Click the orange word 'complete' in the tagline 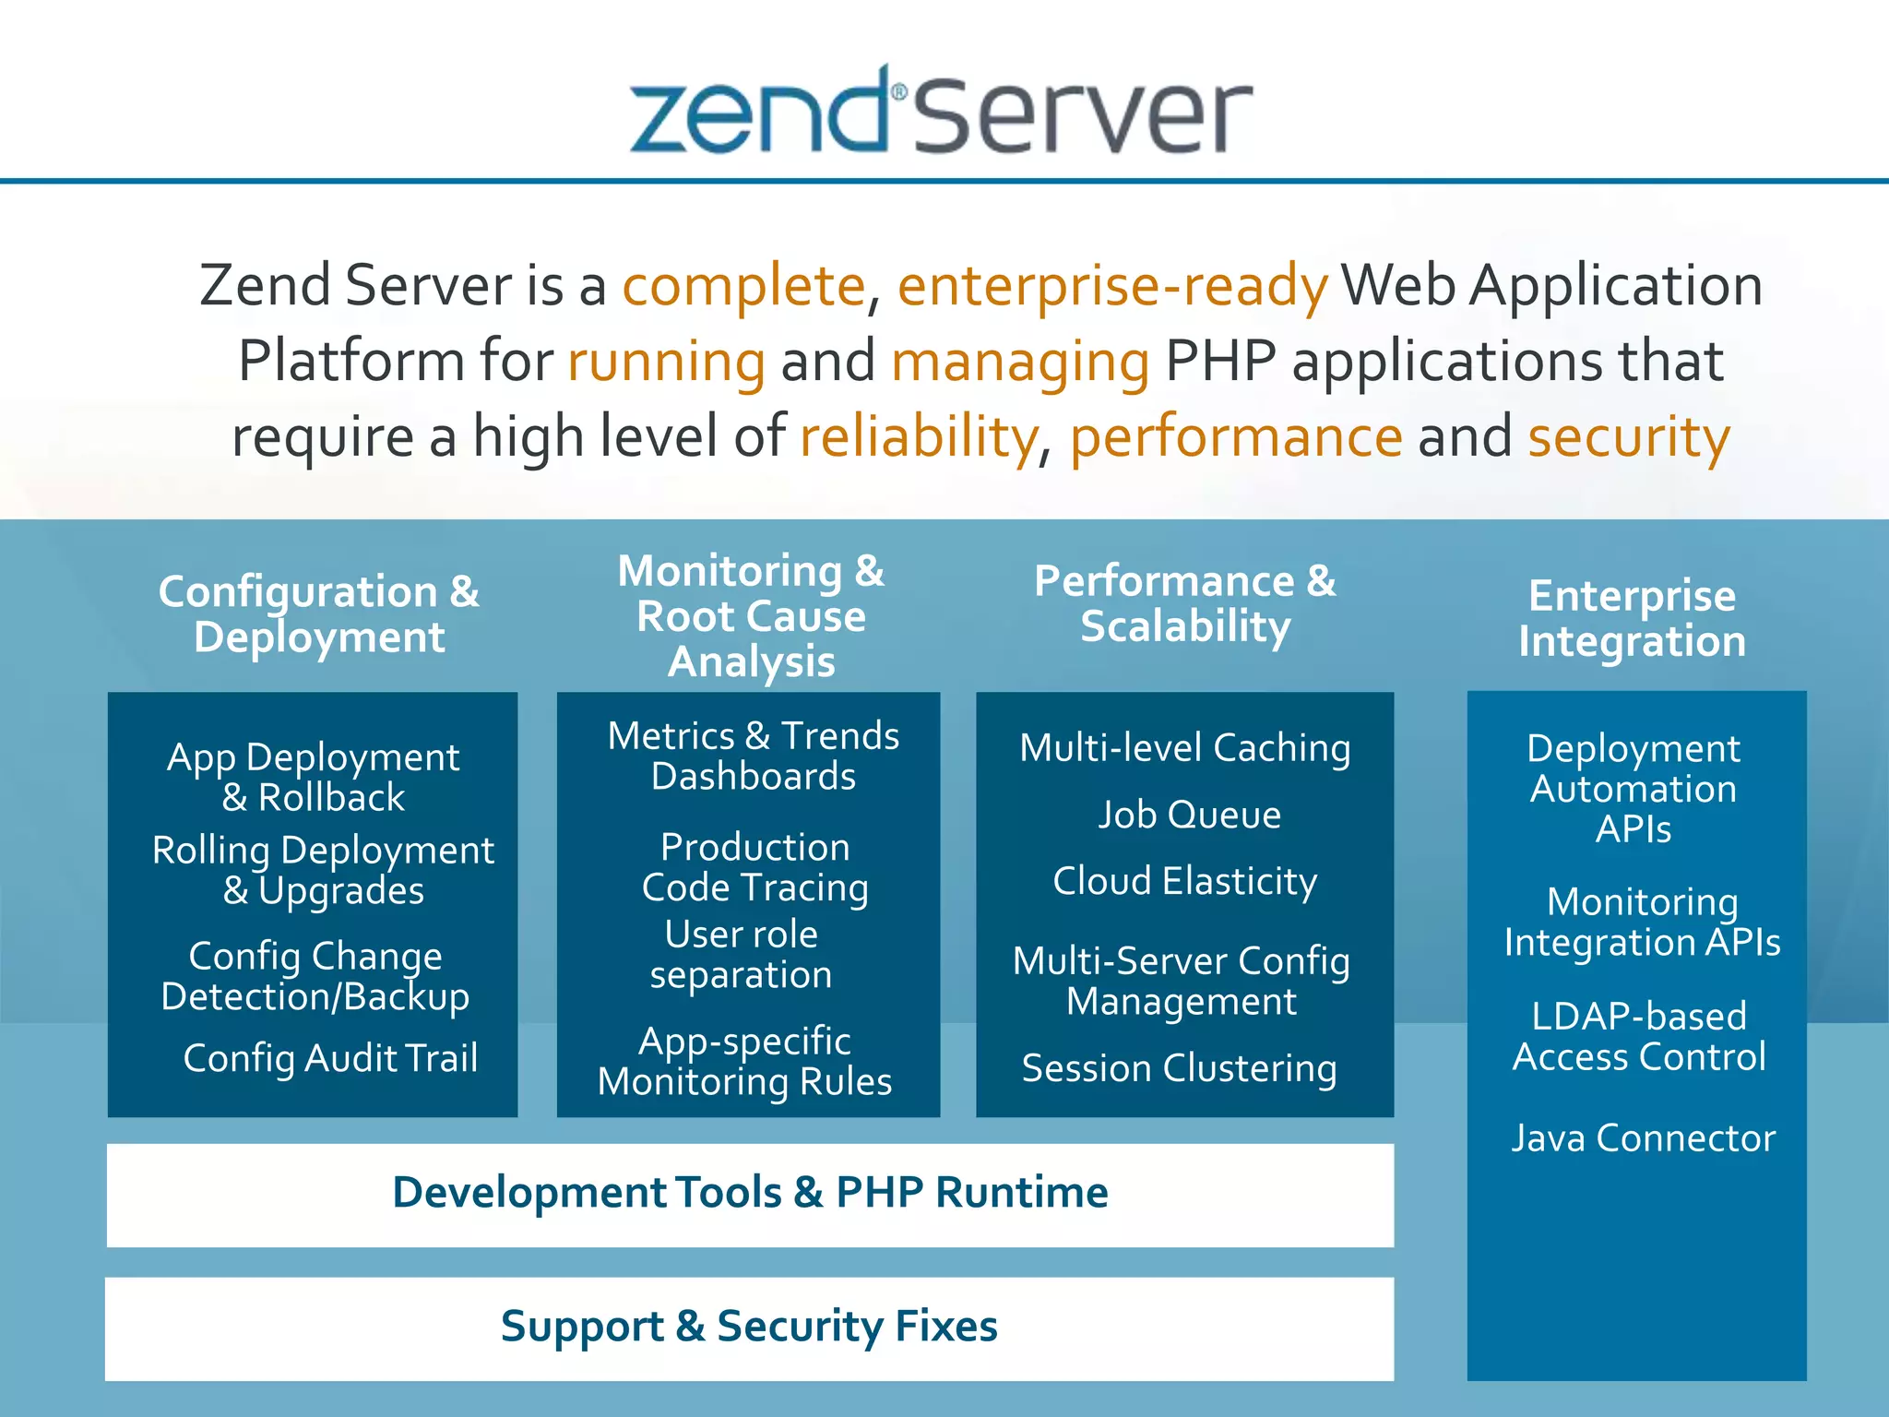coord(743,285)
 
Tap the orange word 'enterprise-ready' coord(1112,285)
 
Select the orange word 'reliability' coord(919,436)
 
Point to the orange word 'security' coord(1629,436)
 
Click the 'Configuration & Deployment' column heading coord(319,614)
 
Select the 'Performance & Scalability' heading coord(1185,604)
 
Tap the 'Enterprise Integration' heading coord(1633,618)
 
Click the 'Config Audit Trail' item coord(330,1058)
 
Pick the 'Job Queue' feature coord(1189,815)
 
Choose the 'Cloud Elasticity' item coord(1185,881)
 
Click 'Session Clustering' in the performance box coord(1180,1068)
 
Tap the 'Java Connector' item coord(1643,1138)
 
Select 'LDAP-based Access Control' coord(1639,1036)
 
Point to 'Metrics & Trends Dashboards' coord(754,756)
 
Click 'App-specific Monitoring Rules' coord(744,1061)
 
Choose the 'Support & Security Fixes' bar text coord(749,1327)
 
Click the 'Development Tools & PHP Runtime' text coord(750,1192)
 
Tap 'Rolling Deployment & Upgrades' coord(323,870)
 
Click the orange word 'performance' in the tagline coord(1236,436)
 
